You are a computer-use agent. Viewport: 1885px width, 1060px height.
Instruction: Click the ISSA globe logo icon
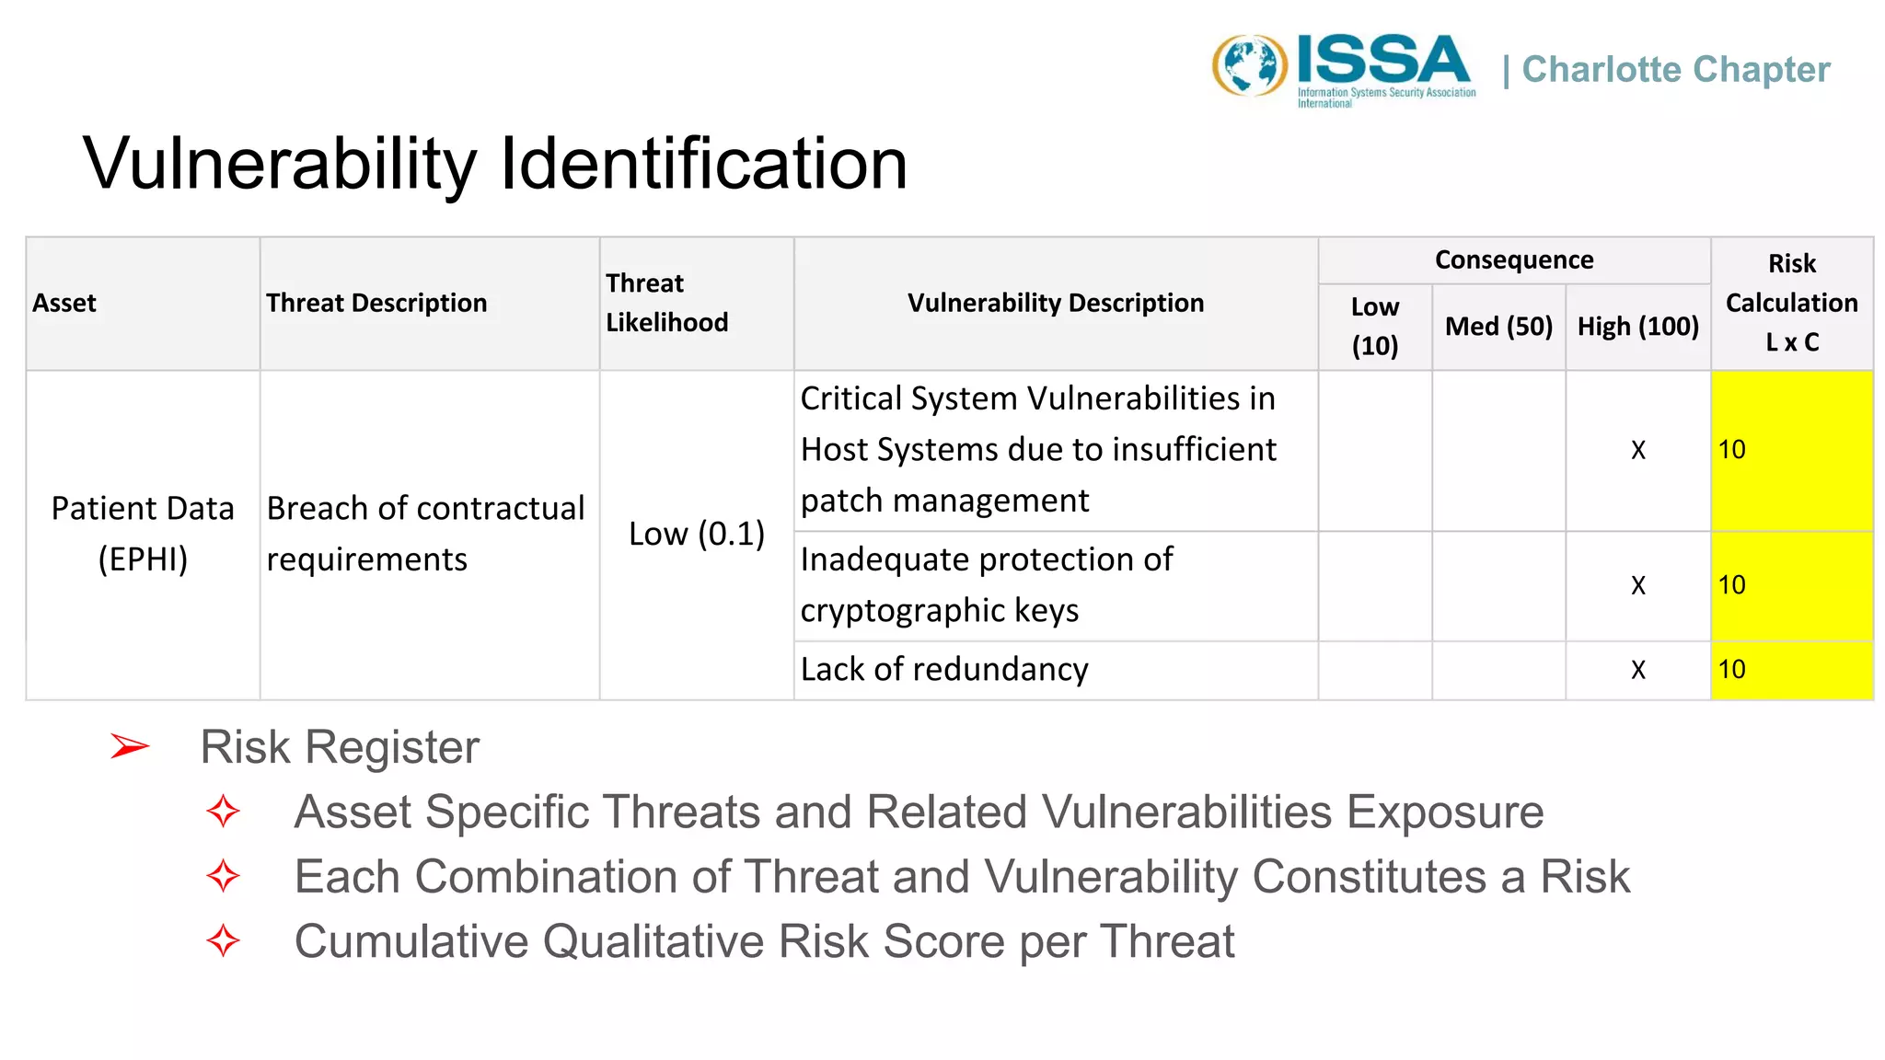click(x=1249, y=66)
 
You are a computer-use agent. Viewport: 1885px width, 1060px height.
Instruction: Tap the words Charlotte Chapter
click(x=1675, y=70)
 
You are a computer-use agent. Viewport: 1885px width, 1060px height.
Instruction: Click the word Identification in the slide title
click(x=704, y=164)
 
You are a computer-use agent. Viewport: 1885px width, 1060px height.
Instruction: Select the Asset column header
click(x=64, y=303)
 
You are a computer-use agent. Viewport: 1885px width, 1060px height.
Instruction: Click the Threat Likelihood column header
click(x=666, y=303)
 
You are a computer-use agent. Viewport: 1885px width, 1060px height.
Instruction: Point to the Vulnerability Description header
click(x=1055, y=303)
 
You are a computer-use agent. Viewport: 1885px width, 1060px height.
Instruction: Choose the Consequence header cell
click(x=1513, y=260)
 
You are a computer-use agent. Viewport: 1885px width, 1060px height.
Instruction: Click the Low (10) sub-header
click(x=1374, y=327)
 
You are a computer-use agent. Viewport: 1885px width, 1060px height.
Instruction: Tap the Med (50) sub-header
click(x=1498, y=327)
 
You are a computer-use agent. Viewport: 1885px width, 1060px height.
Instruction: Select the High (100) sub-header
click(x=1637, y=327)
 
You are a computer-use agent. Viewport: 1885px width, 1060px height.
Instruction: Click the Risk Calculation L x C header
click(x=1791, y=303)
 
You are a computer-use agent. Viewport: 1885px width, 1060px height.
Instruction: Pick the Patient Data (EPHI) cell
click(x=143, y=534)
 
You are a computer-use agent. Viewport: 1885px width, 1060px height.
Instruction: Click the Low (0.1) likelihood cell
click(x=697, y=534)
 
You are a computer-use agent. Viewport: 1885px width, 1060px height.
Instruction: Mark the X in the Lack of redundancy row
click(x=1637, y=670)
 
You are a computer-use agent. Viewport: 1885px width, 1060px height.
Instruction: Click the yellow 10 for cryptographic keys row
click(x=1732, y=585)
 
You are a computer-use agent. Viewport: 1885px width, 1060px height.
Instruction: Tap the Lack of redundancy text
click(x=944, y=670)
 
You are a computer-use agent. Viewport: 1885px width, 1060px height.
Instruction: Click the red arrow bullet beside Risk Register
click(x=130, y=746)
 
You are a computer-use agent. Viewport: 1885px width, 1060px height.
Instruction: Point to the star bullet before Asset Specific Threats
click(x=224, y=812)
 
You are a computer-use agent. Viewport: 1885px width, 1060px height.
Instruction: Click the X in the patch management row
click(x=1637, y=450)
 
